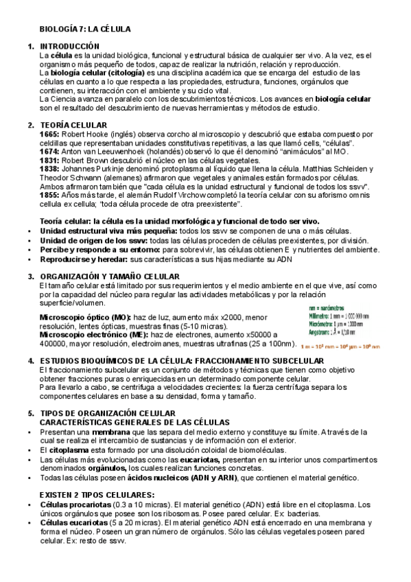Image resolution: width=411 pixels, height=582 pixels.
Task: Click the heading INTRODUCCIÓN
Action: tap(70, 46)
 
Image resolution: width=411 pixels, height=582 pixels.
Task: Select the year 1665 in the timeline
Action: tap(50, 135)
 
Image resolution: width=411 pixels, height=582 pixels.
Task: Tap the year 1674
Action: tap(50, 151)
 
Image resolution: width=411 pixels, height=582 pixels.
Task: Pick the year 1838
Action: tap(50, 169)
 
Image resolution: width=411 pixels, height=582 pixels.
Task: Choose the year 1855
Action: tap(50, 196)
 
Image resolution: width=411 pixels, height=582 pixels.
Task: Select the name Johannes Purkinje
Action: tap(93, 169)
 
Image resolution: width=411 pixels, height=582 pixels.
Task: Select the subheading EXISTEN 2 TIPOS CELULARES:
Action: tap(96, 494)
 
